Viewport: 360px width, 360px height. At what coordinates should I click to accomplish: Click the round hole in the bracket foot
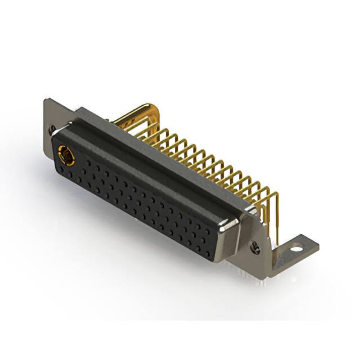point(296,246)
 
